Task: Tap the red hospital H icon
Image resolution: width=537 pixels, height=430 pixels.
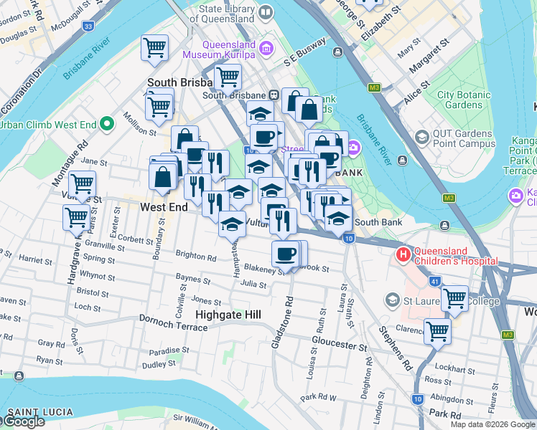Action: tap(403, 254)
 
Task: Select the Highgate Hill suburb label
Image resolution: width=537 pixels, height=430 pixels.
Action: tap(228, 315)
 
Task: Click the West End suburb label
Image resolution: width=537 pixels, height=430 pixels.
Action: tap(164, 207)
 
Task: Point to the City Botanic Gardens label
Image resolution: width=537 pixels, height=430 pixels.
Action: tap(464, 100)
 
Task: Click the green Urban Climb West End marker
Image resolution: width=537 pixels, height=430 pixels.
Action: tap(107, 125)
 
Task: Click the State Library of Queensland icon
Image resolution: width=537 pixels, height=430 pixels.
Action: tap(266, 13)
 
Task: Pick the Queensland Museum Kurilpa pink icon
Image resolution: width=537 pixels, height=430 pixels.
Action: tap(266, 49)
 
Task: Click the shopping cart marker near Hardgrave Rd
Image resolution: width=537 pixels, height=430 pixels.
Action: tap(75, 216)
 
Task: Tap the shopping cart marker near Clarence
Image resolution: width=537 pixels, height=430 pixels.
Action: tap(436, 331)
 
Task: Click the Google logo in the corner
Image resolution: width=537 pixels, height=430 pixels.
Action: tap(23, 421)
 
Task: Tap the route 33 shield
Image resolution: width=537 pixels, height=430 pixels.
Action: tap(88, 26)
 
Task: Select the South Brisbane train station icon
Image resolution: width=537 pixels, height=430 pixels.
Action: tap(274, 95)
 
